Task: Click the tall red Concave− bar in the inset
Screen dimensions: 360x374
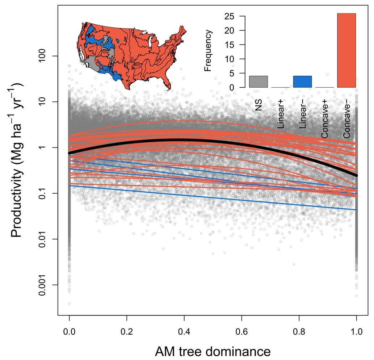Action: tap(346, 50)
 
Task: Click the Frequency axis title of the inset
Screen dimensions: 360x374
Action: tap(207, 51)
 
